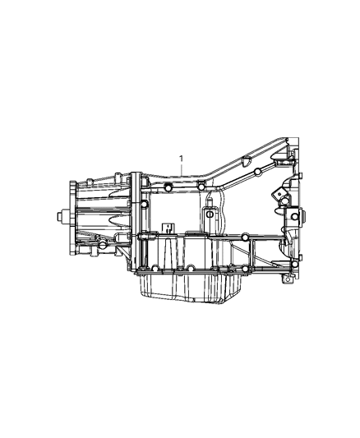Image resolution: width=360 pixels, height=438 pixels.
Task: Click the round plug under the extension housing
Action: [102, 246]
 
